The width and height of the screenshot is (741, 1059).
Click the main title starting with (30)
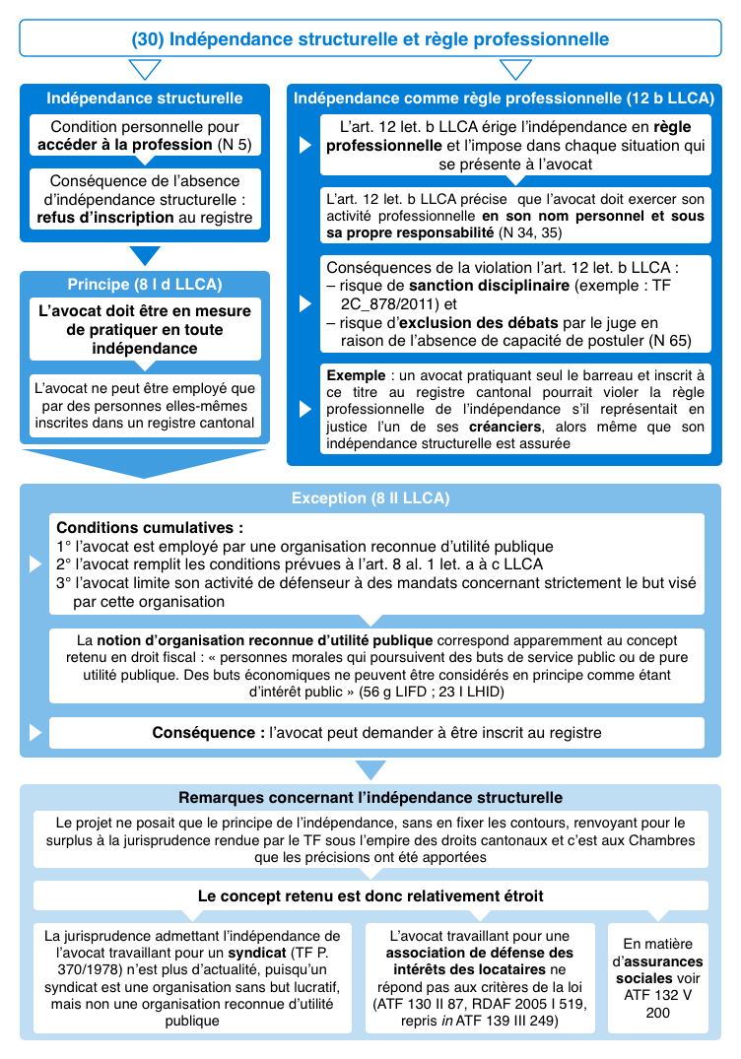pyautogui.click(x=370, y=39)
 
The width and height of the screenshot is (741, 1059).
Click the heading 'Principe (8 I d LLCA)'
pyautogui.click(x=144, y=285)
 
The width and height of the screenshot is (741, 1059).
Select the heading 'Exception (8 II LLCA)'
pyautogui.click(x=370, y=498)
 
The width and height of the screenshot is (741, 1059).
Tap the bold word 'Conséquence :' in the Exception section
pyautogui.click(x=210, y=733)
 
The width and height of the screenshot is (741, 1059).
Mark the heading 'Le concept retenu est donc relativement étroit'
pyautogui.click(x=370, y=895)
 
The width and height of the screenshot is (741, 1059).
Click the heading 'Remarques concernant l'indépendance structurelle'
pyautogui.click(x=370, y=797)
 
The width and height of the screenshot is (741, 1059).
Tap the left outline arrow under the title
pyautogui.click(x=145, y=70)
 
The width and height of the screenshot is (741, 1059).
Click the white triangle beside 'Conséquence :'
pyautogui.click(x=36, y=733)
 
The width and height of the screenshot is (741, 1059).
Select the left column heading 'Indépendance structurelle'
pyautogui.click(x=144, y=99)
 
